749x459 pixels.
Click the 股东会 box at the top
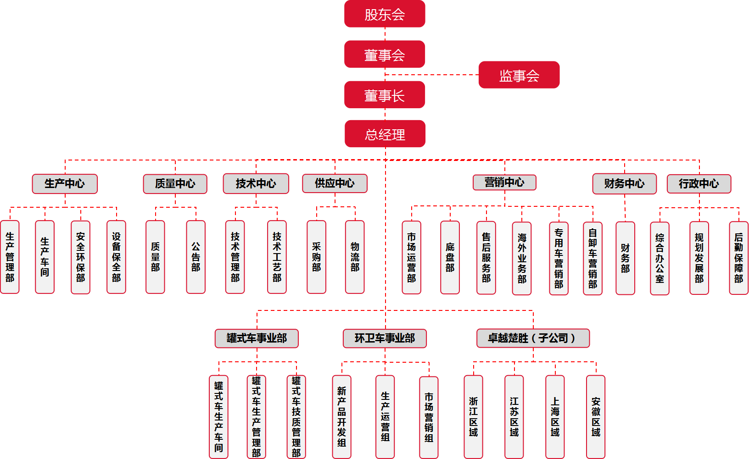[x=385, y=14]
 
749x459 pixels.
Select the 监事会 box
[x=519, y=75]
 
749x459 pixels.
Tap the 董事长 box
[x=385, y=95]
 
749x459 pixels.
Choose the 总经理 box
[x=385, y=134]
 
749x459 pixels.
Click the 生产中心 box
[x=65, y=184]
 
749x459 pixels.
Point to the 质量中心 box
[x=175, y=184]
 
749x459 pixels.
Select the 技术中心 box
[x=256, y=184]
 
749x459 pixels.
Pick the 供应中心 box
[x=335, y=183]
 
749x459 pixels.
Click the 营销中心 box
[x=504, y=182]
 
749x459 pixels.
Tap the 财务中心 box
[x=624, y=184]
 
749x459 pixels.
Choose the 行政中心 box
[x=699, y=184]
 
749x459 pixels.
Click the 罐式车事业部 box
[x=257, y=338]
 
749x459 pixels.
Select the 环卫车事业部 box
[x=385, y=338]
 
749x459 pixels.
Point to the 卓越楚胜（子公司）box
[x=533, y=338]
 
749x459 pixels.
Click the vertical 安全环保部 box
[x=80, y=257]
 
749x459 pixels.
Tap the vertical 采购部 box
[x=316, y=257]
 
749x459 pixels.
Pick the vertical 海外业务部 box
[x=522, y=259]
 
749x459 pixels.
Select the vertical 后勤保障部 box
[x=738, y=258]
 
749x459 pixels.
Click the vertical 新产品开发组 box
[x=341, y=417]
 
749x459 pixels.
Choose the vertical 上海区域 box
[x=555, y=417]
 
